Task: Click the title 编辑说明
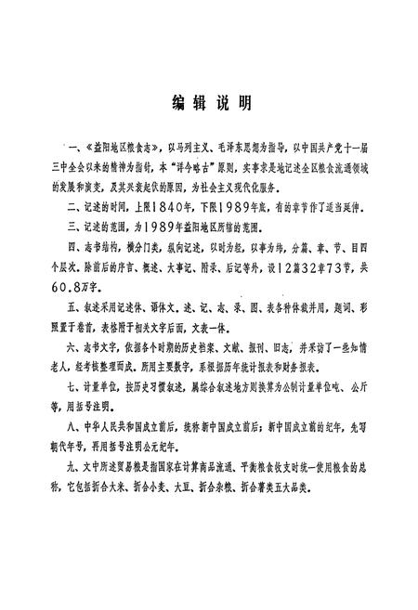pyautogui.click(x=211, y=103)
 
